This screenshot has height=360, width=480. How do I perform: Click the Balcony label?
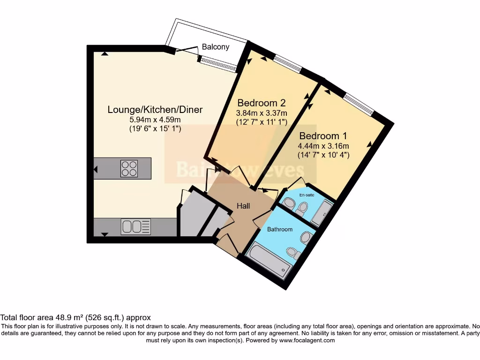click(x=216, y=47)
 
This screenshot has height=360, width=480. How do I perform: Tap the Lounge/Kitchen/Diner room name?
click(x=155, y=110)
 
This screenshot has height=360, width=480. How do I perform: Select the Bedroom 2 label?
click(x=262, y=103)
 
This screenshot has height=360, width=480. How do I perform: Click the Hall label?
click(x=243, y=206)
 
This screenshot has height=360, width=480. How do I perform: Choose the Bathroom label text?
click(x=280, y=229)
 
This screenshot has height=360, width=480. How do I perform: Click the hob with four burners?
click(x=129, y=169)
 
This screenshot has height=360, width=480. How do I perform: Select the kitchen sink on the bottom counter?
click(x=136, y=227)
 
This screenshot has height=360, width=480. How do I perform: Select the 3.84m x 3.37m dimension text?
click(x=262, y=113)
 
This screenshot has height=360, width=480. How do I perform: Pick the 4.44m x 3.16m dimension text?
click(x=323, y=145)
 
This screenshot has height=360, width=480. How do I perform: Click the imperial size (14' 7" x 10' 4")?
click(x=323, y=155)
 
